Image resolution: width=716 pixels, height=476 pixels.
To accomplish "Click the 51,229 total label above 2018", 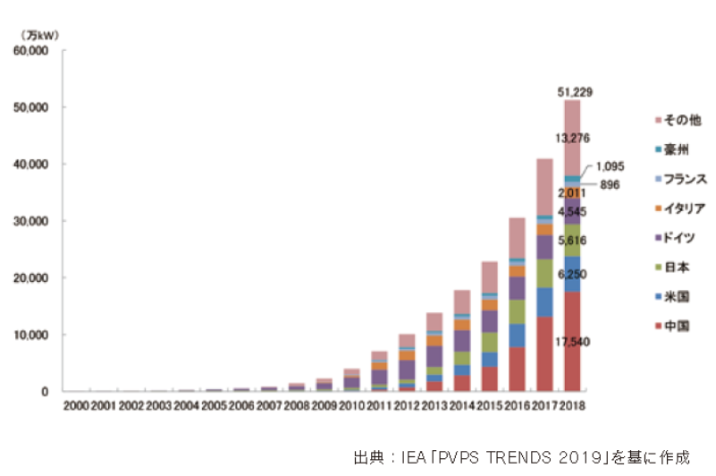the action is tap(575, 92).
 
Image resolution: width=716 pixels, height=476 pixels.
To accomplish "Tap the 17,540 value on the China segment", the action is tap(572, 342).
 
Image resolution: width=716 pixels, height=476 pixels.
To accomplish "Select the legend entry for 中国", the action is tap(672, 326).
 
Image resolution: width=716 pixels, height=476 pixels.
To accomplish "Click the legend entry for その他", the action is tap(678, 120).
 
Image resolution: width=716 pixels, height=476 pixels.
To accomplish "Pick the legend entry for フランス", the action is tap(681, 179).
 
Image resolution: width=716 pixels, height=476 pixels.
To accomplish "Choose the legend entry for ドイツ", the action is tap(675, 238).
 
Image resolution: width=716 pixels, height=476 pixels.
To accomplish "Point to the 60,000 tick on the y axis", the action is tap(30, 51).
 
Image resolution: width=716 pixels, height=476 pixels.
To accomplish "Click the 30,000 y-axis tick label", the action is tap(30, 221).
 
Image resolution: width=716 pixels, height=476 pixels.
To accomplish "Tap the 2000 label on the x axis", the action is tap(76, 405).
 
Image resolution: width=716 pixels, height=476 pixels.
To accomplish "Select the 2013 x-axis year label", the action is tap(434, 405).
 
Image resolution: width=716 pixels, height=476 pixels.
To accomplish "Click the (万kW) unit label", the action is tap(39, 35).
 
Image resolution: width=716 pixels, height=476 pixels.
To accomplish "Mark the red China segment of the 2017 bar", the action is tap(544, 354).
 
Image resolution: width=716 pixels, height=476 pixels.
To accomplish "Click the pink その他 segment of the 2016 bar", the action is tap(517, 238).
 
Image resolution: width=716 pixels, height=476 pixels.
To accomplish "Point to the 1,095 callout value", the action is tap(610, 166).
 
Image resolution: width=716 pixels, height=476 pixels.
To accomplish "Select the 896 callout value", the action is tap(610, 184).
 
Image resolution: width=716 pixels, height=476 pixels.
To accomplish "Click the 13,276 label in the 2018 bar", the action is tap(572, 138).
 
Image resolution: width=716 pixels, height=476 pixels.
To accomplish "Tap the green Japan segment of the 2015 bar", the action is tap(490, 343).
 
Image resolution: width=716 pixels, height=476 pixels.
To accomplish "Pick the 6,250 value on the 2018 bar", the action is tap(572, 275).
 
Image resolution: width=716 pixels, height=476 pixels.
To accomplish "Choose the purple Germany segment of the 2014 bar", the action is tap(462, 341).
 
